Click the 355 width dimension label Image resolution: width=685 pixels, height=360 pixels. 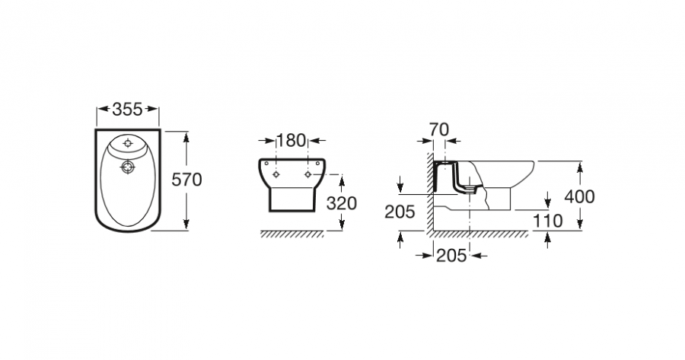[127, 110]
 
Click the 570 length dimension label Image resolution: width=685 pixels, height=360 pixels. [186, 180]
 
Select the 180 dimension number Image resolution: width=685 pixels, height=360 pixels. [292, 141]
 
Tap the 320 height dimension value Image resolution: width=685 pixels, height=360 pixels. [342, 203]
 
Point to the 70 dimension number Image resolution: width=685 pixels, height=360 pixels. [438, 129]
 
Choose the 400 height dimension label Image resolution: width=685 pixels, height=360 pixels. [579, 196]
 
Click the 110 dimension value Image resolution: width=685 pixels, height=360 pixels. [547, 221]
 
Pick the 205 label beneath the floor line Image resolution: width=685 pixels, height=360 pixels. [451, 256]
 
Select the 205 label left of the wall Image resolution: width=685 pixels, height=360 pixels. [400, 212]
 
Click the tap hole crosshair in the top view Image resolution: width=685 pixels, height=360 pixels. [128, 143]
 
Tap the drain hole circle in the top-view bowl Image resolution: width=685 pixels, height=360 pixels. [127, 167]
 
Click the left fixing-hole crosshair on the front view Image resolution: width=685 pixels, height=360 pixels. [276, 174]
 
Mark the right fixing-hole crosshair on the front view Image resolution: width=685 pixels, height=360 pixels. [308, 174]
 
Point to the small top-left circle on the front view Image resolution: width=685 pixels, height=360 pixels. [266, 164]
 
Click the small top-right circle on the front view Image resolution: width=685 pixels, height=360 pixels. [317, 164]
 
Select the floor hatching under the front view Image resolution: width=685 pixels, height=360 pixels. [292, 234]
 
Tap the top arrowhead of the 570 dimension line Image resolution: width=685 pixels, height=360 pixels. [186, 137]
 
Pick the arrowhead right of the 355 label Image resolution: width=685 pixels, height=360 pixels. [151, 109]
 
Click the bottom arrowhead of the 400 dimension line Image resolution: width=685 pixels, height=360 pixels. [580, 224]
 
